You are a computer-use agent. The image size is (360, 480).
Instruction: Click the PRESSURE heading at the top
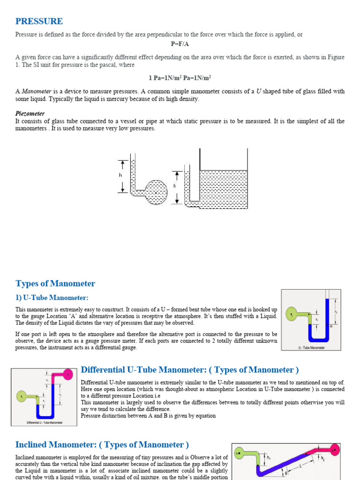tap(39, 21)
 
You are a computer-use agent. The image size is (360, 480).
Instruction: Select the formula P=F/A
tap(180, 44)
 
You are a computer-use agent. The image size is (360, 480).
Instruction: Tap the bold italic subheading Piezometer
tap(30, 113)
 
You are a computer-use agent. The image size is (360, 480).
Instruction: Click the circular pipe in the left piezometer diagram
tap(156, 191)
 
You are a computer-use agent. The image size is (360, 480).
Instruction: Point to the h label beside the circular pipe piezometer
tap(120, 175)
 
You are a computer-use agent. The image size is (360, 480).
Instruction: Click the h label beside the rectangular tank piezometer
tap(175, 186)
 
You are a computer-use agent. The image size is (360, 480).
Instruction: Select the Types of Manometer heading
tap(55, 284)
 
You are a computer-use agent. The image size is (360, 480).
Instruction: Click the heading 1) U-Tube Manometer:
tap(52, 298)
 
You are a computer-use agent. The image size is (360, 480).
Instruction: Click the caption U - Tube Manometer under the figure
tap(311, 348)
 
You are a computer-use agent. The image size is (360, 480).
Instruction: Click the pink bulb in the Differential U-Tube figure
tap(68, 374)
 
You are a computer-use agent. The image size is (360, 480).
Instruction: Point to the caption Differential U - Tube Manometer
tap(45, 422)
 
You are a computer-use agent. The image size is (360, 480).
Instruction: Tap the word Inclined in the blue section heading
tap(34, 444)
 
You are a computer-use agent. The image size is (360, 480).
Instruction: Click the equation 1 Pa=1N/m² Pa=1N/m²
tap(180, 78)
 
